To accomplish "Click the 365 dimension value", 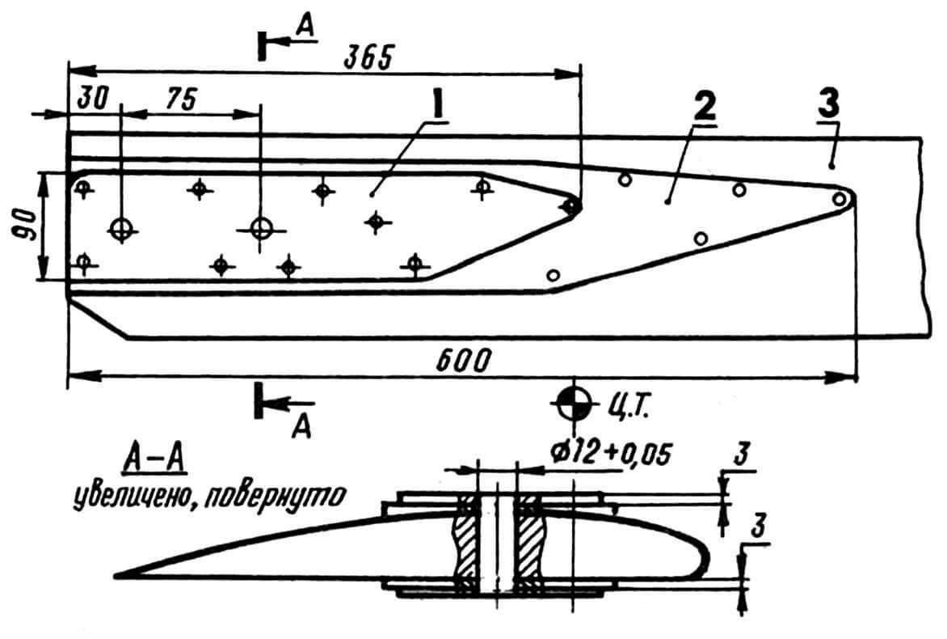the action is pos(368,58).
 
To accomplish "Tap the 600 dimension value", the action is pos(462,362).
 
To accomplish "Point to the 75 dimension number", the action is pos(180,99).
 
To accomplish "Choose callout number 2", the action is pos(705,107).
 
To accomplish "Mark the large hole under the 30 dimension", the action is pos(122,228).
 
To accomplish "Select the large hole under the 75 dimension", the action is pos(261,228).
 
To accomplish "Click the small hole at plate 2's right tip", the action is pos(840,198).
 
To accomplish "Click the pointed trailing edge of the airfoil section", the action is pos(116,574).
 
